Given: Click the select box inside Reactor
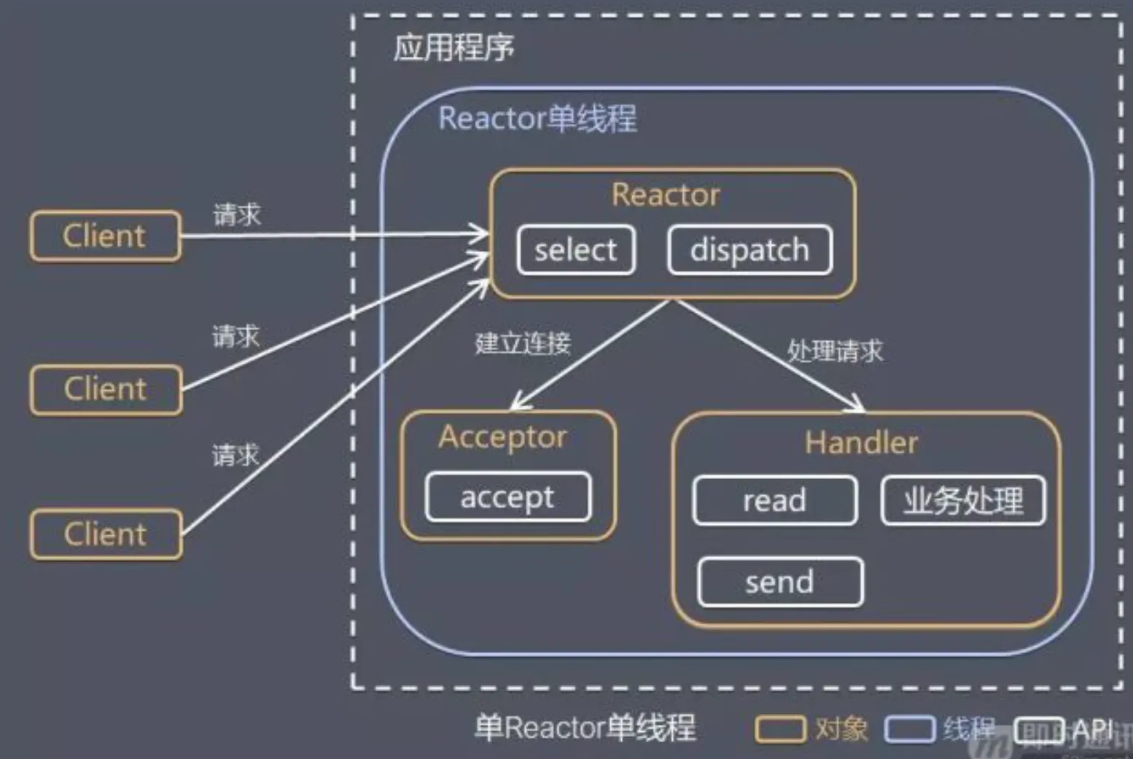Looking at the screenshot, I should pos(576,250).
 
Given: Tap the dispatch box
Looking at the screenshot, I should pos(750,250).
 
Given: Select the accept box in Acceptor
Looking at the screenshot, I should pos(507,497).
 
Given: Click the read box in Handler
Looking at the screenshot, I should pos(774,501).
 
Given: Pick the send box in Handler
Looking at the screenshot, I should pos(779,582).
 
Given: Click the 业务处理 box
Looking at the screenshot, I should pos(962,501).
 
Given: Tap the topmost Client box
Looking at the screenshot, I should pos(105,236).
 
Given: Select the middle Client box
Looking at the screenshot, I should pos(106,389).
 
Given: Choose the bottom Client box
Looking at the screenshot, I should pos(106,534).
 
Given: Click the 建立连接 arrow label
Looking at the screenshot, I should pos(523,343).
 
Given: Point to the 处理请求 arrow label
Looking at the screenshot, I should pos(835,351).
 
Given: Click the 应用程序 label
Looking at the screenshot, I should pos(453,48).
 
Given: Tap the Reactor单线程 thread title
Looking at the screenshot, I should pos(537,118).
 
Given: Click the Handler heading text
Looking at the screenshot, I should pos(861,443).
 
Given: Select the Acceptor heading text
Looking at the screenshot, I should pos(502,437).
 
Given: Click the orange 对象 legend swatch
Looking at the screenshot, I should pos(779,728).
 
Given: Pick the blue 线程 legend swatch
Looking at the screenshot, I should pos(909,728).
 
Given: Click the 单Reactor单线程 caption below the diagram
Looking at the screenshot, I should pos(585,728).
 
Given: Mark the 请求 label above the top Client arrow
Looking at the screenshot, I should pos(237,215).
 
